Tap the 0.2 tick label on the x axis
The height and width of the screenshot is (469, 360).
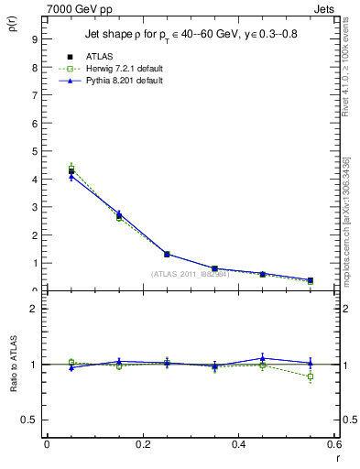click(142, 443)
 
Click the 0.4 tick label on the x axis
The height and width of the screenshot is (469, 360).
click(238, 443)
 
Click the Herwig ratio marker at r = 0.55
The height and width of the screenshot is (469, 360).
click(311, 376)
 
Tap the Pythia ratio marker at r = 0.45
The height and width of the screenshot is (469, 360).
click(263, 358)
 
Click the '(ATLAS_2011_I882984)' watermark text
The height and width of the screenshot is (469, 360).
click(191, 274)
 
